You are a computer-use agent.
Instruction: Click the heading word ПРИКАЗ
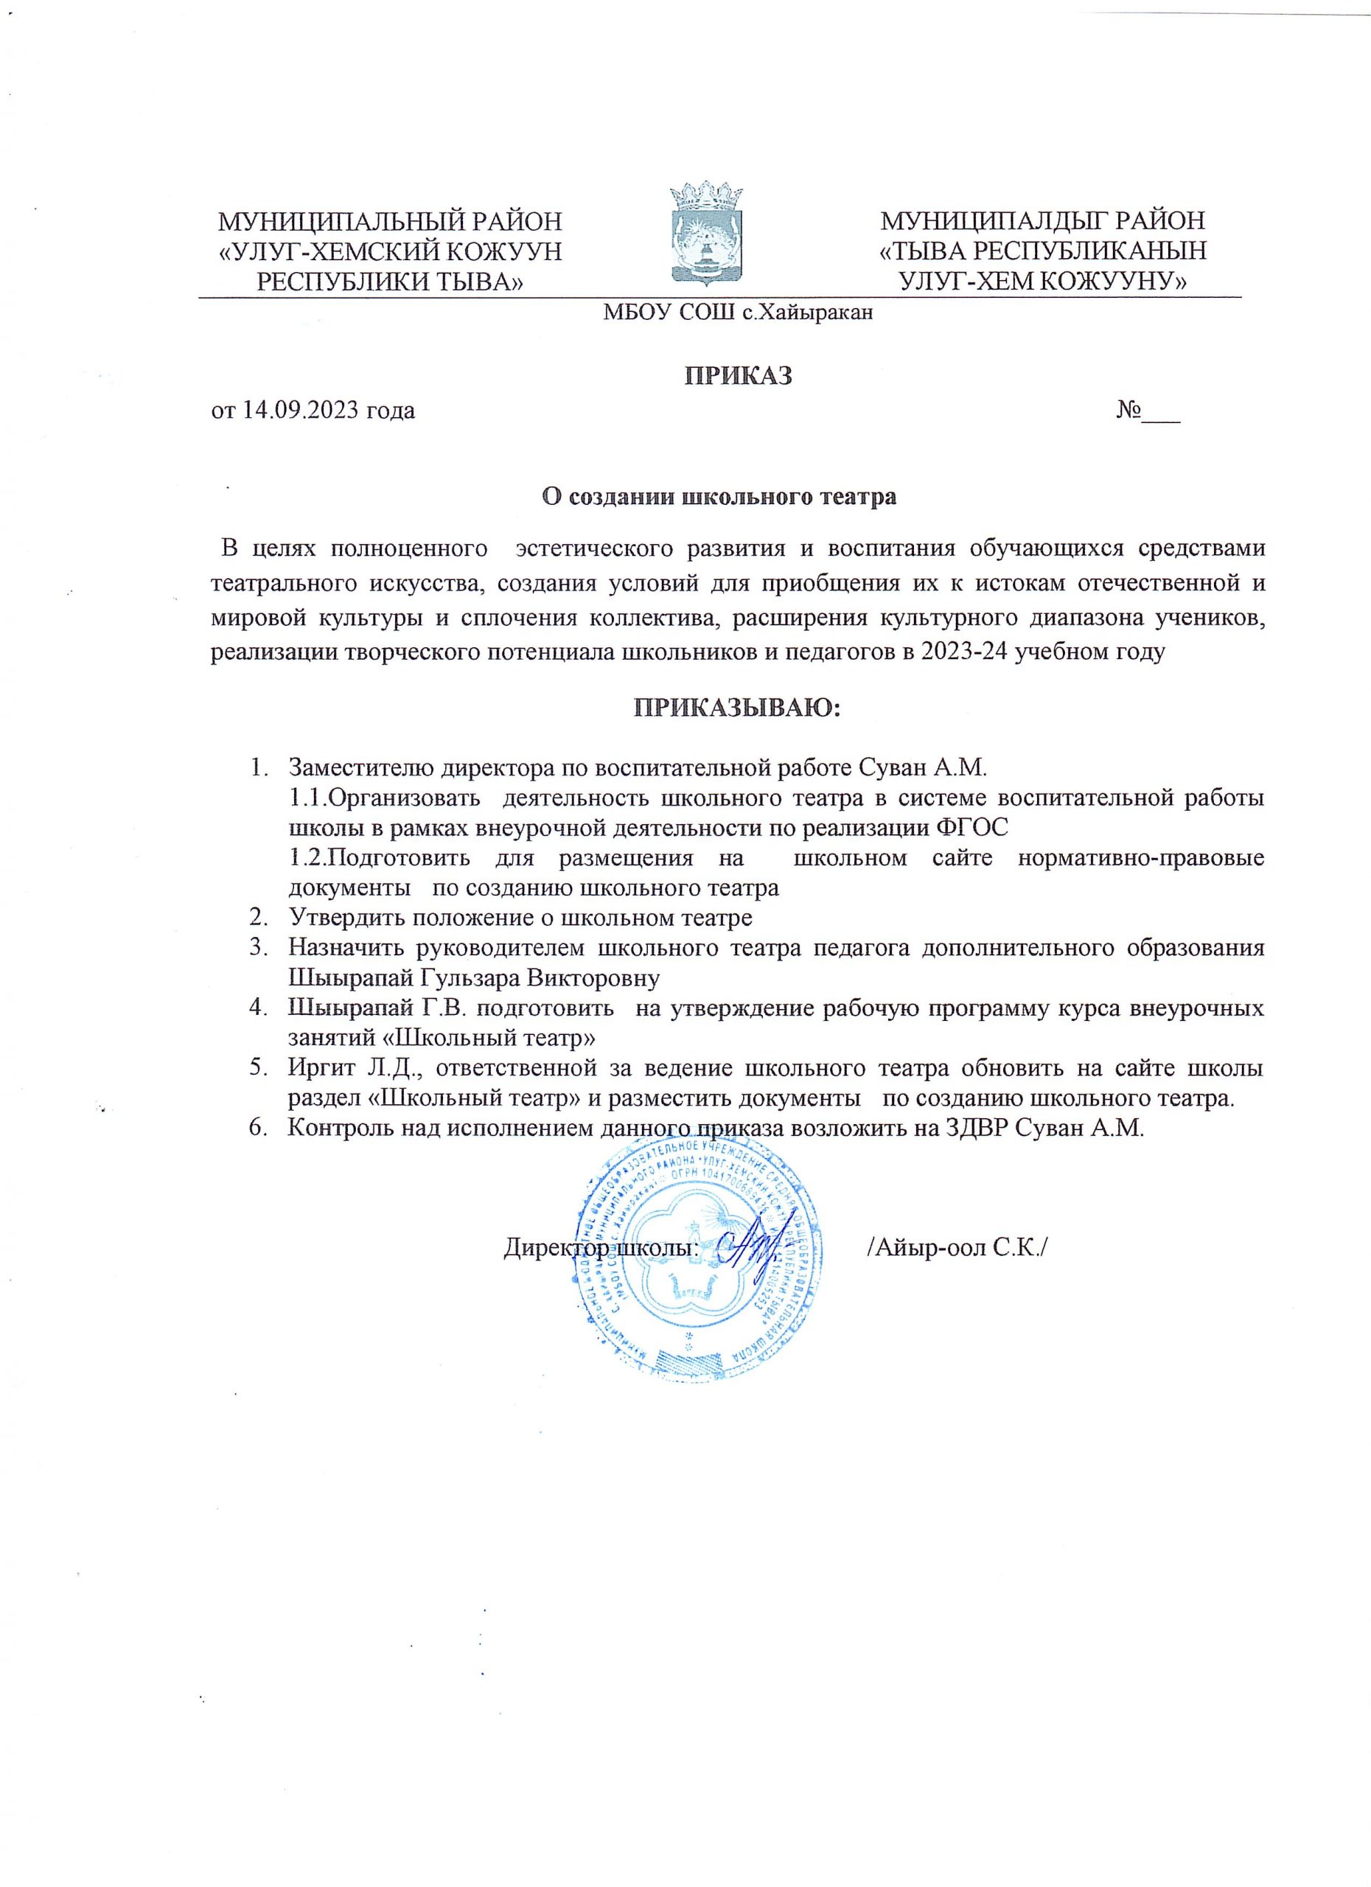click(738, 375)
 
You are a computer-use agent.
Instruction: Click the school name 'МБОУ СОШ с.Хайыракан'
click(739, 313)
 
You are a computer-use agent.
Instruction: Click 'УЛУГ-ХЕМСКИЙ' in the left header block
click(329, 251)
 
